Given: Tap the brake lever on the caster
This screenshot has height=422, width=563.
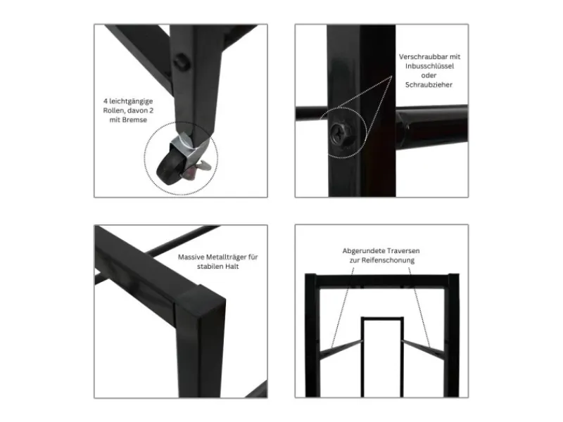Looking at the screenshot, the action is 202,165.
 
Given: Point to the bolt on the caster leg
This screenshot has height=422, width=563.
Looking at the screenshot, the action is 181,62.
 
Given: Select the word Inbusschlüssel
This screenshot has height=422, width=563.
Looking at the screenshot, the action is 429,66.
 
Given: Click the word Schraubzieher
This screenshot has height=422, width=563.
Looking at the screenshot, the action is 429,84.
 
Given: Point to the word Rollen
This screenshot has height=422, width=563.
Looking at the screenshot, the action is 114,110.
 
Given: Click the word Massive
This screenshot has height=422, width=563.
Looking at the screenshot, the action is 191,257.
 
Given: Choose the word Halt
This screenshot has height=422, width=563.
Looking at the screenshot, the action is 232,267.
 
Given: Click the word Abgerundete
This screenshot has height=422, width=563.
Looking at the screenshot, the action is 363,251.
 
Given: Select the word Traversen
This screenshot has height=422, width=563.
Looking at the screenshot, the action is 403,251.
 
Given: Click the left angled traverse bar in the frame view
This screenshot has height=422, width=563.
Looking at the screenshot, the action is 341,348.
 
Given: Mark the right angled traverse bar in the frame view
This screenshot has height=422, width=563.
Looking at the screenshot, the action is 424,348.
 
